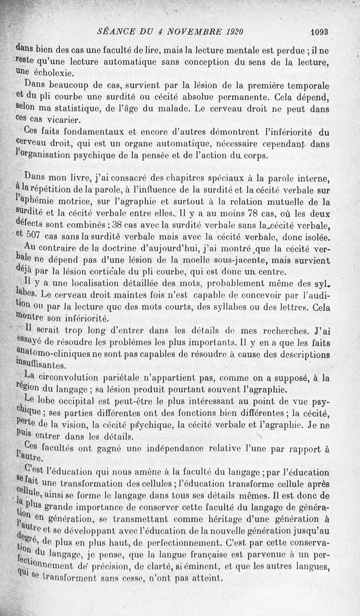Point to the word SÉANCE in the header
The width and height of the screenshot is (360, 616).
click(114, 32)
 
